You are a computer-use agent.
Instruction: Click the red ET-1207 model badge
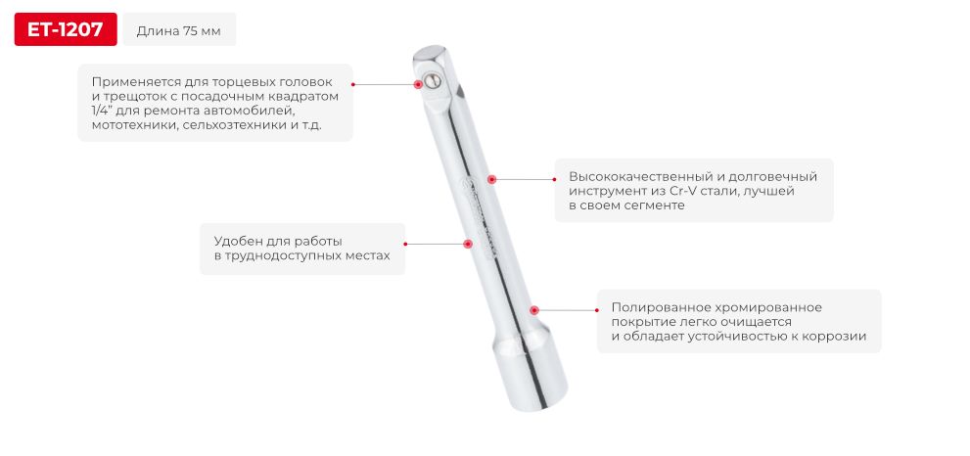[65, 29]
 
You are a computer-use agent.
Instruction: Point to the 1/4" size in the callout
[103, 112]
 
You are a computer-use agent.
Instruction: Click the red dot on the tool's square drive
[425, 84]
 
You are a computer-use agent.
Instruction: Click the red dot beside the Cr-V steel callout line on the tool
[492, 179]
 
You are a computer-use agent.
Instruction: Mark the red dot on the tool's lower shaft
[533, 309]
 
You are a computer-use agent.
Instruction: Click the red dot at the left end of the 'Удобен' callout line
[406, 244]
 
